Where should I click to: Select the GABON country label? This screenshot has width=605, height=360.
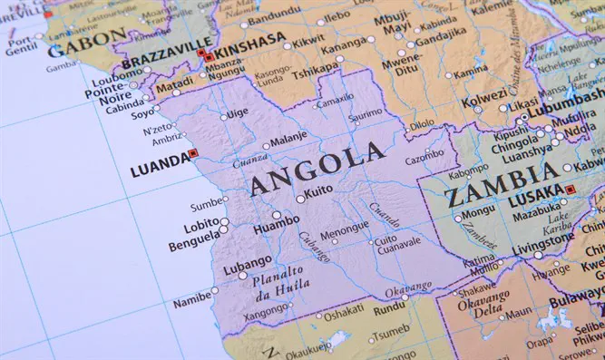pyautogui.click(x=89, y=38)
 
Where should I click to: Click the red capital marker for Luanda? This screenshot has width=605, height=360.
pyautogui.click(x=191, y=153)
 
